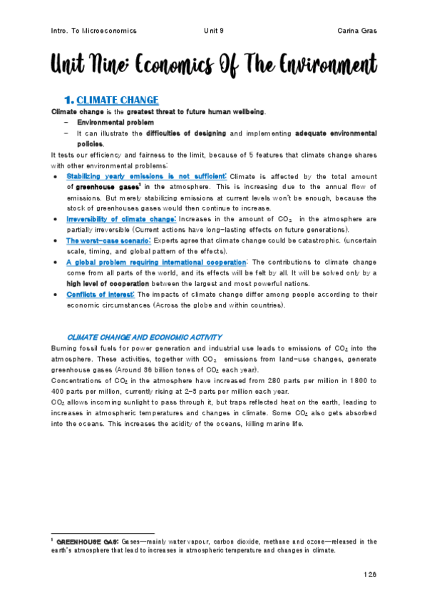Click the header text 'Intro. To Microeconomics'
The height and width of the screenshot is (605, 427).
[94, 31]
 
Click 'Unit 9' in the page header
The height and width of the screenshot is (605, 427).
[213, 31]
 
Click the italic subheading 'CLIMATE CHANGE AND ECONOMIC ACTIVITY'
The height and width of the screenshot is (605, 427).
[144, 337]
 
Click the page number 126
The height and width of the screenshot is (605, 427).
[369, 574]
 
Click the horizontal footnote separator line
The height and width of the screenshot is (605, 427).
[103, 533]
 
